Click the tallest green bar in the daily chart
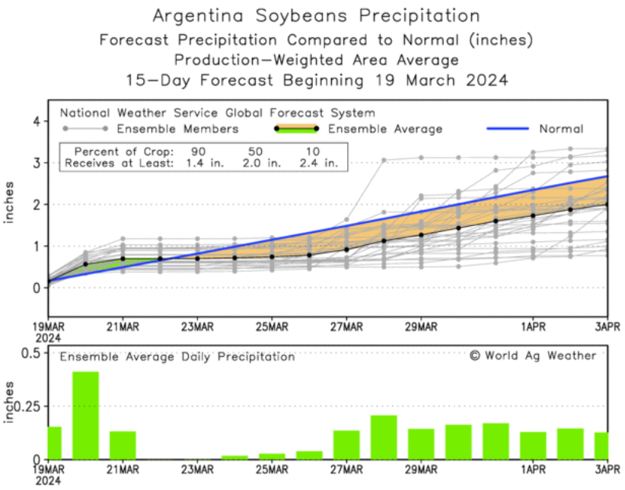85,415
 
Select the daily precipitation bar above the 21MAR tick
123,445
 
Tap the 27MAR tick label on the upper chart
346,327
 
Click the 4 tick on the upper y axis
36,121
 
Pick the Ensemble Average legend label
384,129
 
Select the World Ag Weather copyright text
532,355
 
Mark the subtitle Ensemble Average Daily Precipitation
177,356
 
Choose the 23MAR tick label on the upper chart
197,327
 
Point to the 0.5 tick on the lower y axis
31,354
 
